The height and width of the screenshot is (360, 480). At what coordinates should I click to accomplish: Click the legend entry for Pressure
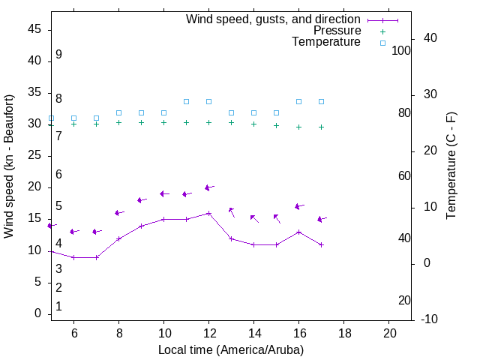tap(337, 31)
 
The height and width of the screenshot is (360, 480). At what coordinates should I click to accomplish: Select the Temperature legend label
tap(326, 42)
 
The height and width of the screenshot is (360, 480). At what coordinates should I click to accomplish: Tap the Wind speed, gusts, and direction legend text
tap(273, 19)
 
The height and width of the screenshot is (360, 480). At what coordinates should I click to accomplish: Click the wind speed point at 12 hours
tap(208, 213)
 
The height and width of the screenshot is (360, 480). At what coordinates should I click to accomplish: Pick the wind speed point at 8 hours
tap(118, 238)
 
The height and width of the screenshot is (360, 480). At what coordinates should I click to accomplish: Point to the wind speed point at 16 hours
tap(298, 232)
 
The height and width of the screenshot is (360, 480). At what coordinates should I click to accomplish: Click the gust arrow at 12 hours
tap(209, 187)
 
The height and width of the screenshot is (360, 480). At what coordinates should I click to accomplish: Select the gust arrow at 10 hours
tap(164, 193)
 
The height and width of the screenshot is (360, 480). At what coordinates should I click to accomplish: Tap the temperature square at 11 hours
tap(186, 101)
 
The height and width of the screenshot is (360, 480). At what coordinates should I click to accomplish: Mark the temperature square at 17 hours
tap(321, 101)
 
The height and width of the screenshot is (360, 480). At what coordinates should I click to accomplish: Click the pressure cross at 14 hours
tap(253, 124)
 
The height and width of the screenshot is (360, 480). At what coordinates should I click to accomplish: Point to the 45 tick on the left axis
tap(34, 29)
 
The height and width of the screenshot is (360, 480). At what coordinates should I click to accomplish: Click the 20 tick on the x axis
tap(389, 332)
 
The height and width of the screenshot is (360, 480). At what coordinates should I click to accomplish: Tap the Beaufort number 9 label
tap(58, 55)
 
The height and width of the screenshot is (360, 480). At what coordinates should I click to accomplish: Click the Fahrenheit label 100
tap(401, 50)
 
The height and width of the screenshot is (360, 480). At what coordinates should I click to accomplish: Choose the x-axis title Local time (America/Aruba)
tap(231, 349)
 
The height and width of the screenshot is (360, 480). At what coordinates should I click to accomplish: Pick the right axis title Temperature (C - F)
tap(451, 166)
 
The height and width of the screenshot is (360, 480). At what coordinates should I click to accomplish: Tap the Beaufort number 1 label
tap(58, 306)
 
